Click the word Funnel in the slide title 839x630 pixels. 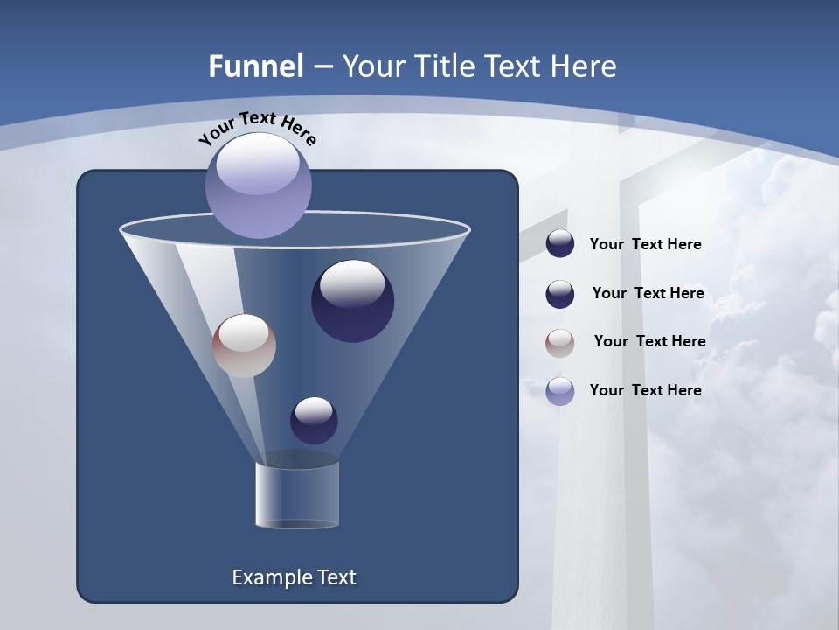click(255, 66)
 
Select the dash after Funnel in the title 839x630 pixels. click(322, 66)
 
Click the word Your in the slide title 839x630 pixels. click(373, 66)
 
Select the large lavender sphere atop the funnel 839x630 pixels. click(259, 186)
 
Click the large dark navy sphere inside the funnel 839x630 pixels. click(352, 302)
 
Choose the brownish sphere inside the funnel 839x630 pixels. click(244, 346)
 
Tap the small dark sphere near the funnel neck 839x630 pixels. click(314, 421)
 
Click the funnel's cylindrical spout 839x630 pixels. click(297, 495)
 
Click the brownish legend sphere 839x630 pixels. click(560, 342)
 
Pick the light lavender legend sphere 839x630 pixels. click(560, 391)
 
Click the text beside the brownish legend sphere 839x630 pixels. click(649, 341)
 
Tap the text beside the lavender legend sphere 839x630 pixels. click(645, 390)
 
